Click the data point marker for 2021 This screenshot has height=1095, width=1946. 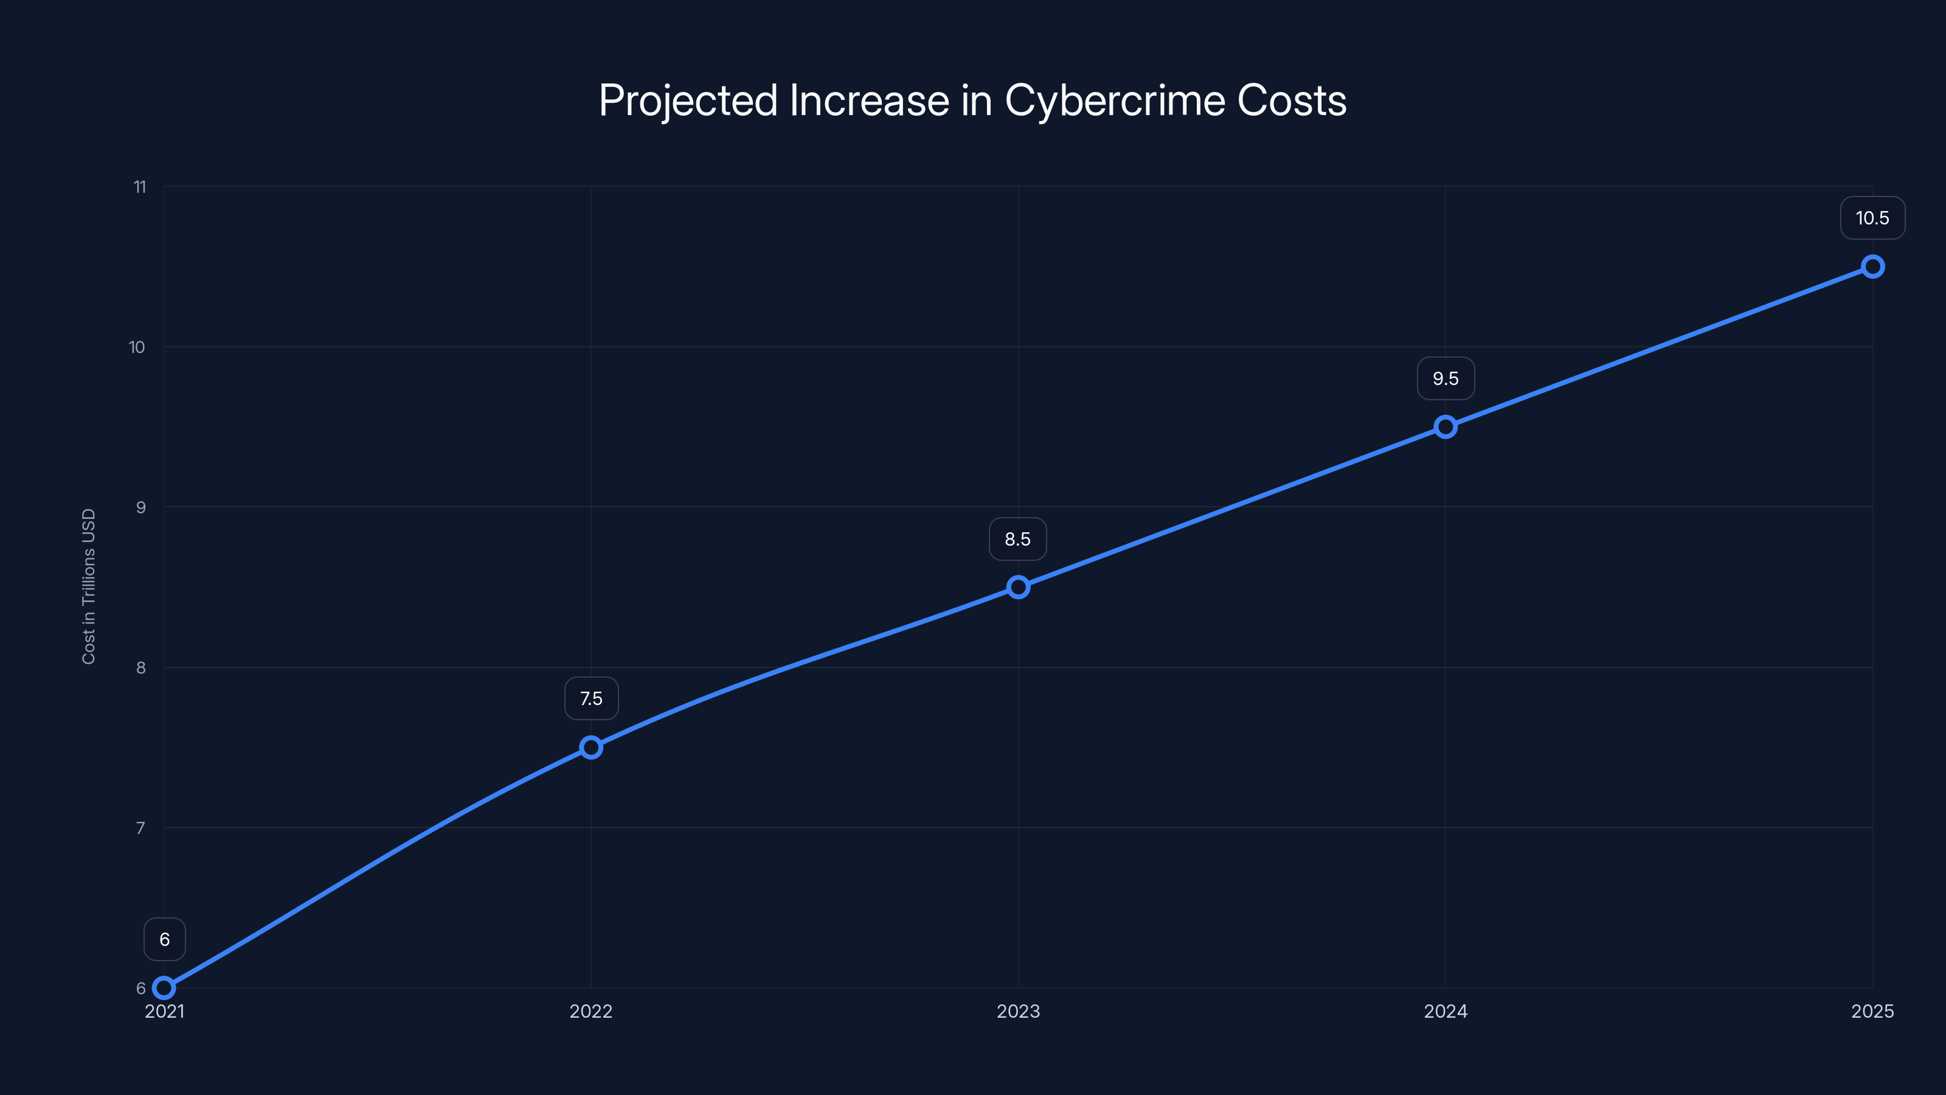coord(164,988)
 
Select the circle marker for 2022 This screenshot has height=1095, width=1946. coord(590,748)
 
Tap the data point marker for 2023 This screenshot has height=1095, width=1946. coord(1019,587)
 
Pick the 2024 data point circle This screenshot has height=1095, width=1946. coord(1445,427)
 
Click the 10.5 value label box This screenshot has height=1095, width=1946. coord(1872,218)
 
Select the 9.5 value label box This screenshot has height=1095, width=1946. coord(1445,378)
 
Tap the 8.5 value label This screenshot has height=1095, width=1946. coord(1017,540)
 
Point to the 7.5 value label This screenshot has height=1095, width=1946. coord(590,699)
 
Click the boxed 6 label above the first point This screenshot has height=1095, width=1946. coord(165,939)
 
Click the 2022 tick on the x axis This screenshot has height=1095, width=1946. coord(590,1011)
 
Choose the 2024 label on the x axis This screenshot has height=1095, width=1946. coord(1445,1011)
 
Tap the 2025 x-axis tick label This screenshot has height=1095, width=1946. coord(1872,1011)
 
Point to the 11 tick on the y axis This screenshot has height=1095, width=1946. coord(140,187)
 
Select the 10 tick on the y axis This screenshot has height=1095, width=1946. coord(137,347)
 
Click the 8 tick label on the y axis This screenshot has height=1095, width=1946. coord(140,667)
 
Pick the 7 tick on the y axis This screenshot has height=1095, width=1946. coord(140,828)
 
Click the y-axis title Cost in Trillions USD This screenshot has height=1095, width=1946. coord(88,586)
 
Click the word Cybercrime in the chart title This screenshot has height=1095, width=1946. coord(1114,100)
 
